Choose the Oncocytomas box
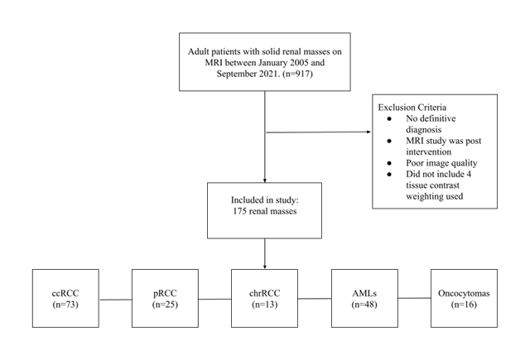coord(463,298)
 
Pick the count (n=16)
coord(463,305)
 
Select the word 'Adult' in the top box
coord(203,49)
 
